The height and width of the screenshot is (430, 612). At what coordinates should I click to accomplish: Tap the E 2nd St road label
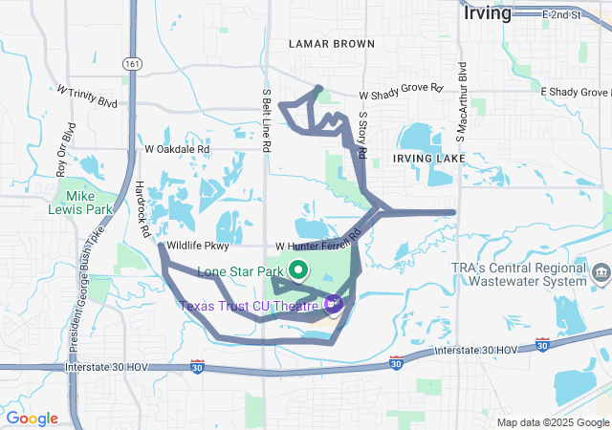click(560, 15)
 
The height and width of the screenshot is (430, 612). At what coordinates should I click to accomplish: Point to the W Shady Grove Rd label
click(402, 93)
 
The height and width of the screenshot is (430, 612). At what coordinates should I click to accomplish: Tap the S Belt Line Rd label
click(269, 121)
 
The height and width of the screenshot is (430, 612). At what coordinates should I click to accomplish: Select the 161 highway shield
click(131, 63)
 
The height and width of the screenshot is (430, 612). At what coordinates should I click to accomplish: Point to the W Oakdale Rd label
click(177, 149)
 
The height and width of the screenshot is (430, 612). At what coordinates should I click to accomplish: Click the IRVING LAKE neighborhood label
click(428, 158)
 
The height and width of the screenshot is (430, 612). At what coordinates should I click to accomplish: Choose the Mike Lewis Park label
click(80, 201)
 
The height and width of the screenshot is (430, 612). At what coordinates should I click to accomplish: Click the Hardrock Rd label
click(143, 209)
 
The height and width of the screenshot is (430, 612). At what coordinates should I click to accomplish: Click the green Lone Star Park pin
click(296, 270)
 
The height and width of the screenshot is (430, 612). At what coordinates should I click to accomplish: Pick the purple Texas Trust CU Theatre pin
click(333, 305)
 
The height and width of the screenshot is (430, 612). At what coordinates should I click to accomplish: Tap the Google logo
click(32, 418)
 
